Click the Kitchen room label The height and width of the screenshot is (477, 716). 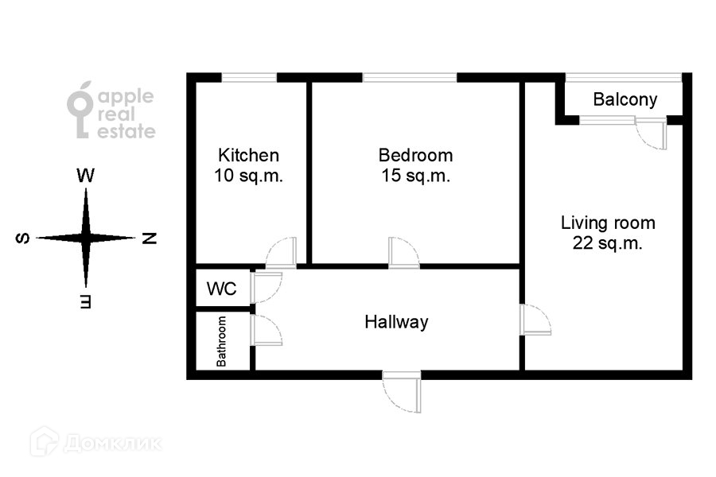tap(249, 155)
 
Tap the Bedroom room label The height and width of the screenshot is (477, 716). tap(415, 155)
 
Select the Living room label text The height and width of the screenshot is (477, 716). tap(608, 223)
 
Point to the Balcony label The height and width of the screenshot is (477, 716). tap(625, 100)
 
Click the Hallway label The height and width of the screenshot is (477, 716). tap(396, 322)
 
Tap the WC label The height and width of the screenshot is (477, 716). tap(221, 289)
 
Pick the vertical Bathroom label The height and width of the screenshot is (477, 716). tap(222, 342)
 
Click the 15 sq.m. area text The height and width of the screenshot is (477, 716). tap(415, 176)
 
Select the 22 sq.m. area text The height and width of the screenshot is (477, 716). tap(608, 243)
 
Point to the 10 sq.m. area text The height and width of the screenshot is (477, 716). tap(249, 176)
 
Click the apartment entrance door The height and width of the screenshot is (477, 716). tap(402, 391)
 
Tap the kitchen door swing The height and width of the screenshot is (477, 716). tap(282, 253)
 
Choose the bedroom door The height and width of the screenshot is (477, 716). tap(404, 253)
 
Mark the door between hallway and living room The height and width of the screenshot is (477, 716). tap(535, 320)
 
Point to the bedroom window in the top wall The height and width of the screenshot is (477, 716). tap(410, 77)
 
